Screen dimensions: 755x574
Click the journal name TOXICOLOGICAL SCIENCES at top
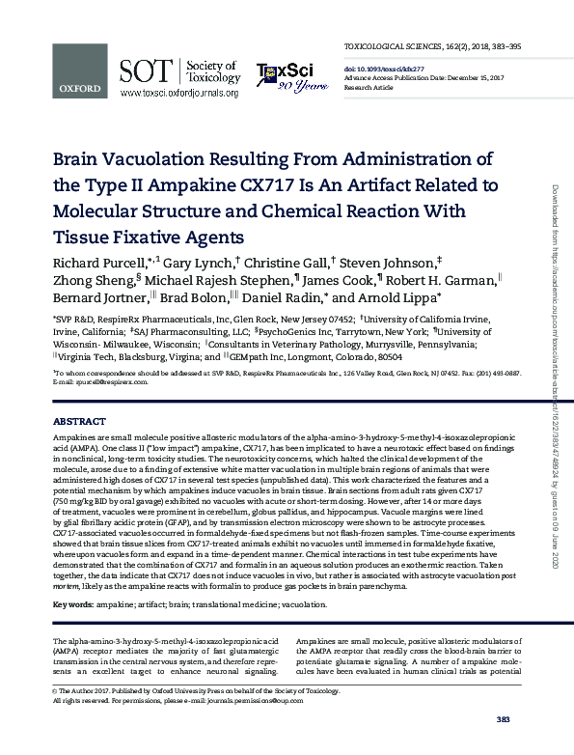pyautogui.click(x=403, y=46)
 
